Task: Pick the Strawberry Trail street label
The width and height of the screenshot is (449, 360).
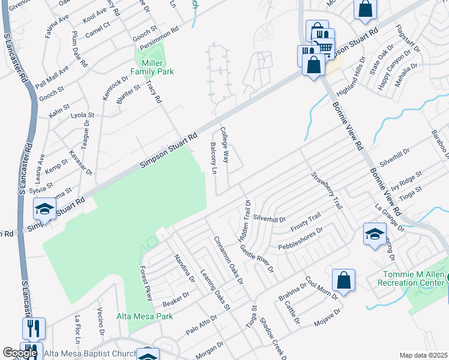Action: pyautogui.click(x=326, y=191)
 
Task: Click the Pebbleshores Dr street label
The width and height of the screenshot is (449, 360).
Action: pyautogui.click(x=301, y=238)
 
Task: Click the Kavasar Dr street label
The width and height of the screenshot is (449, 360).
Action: pyautogui.click(x=80, y=163)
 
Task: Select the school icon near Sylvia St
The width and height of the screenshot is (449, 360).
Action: pyautogui.click(x=44, y=209)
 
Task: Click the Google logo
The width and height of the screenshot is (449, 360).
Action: pyautogui.click(x=19, y=353)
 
